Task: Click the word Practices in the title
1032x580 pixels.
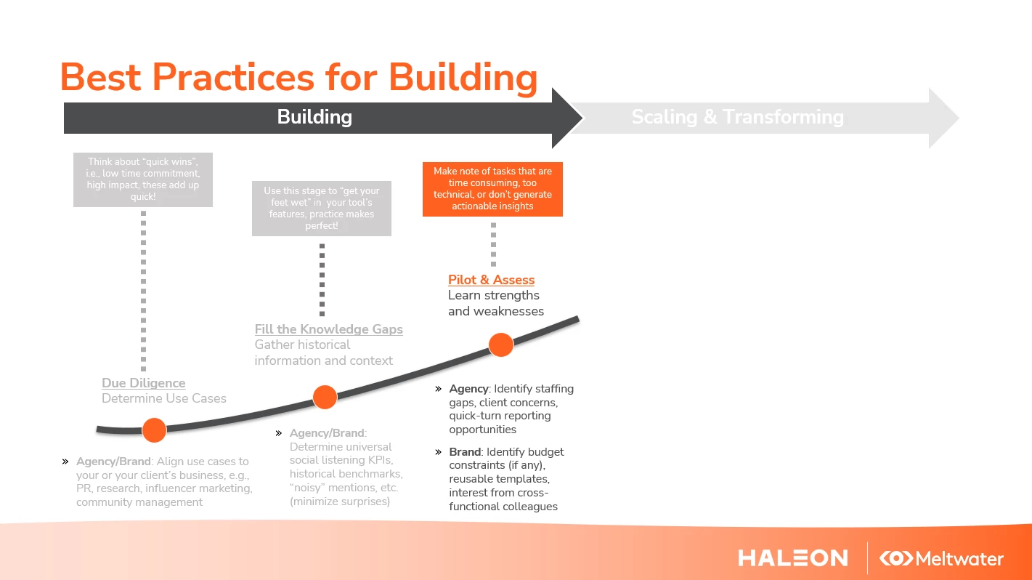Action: pyautogui.click(x=233, y=77)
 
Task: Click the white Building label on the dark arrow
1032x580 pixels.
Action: pyautogui.click(x=314, y=116)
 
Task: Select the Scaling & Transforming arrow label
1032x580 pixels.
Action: pyautogui.click(x=738, y=116)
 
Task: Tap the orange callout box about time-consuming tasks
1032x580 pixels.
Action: pyautogui.click(x=492, y=189)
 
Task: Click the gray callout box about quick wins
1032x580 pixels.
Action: pyautogui.click(x=143, y=180)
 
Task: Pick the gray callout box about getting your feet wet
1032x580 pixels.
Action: pyautogui.click(x=322, y=209)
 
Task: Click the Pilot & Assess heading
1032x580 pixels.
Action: pyautogui.click(x=491, y=279)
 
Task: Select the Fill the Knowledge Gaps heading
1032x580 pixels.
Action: pyautogui.click(x=328, y=329)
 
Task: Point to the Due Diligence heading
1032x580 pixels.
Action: pyautogui.click(x=143, y=383)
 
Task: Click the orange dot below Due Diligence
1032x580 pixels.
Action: pyautogui.click(x=154, y=430)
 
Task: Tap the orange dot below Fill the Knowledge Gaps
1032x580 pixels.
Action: pyautogui.click(x=325, y=397)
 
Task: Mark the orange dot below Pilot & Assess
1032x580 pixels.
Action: pyautogui.click(x=501, y=345)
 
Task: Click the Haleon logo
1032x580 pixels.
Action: pyautogui.click(x=793, y=558)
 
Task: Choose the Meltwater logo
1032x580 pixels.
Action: pyautogui.click(x=941, y=558)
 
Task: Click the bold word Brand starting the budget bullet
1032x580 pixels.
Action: pyautogui.click(x=465, y=452)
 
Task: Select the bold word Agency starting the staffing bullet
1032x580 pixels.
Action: pyautogui.click(x=468, y=389)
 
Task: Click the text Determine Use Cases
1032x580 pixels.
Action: pyautogui.click(x=164, y=398)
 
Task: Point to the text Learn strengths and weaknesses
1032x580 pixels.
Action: pyautogui.click(x=496, y=303)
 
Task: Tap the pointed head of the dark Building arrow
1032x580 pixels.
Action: pyautogui.click(x=582, y=118)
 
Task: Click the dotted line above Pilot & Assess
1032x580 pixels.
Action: pyautogui.click(x=493, y=244)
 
